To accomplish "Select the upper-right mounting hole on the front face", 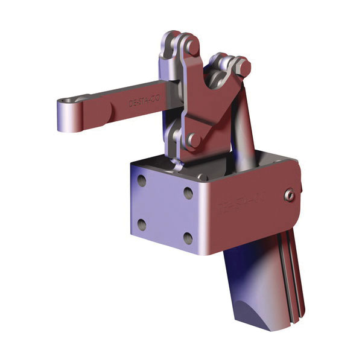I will point(188,194).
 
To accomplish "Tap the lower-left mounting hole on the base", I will point(141,224).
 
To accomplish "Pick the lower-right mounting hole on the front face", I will point(188,238).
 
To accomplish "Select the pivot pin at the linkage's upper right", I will point(241,63).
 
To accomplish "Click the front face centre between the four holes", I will point(164,209).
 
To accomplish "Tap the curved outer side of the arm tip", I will point(61,118).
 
